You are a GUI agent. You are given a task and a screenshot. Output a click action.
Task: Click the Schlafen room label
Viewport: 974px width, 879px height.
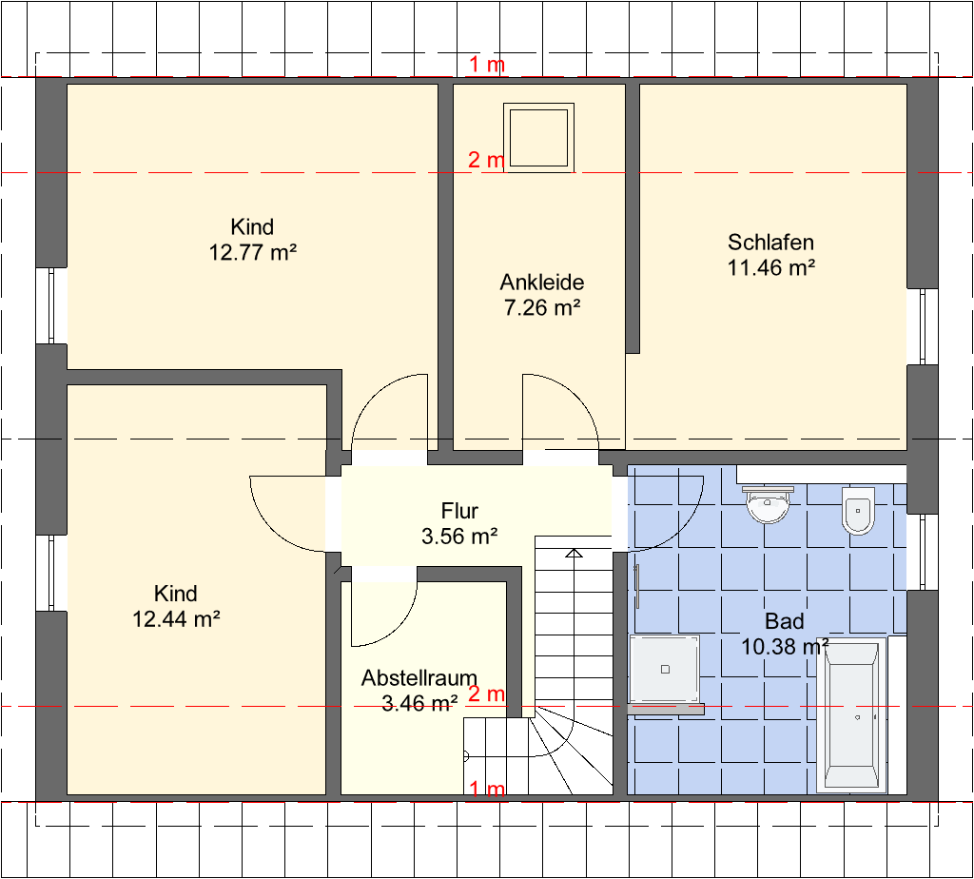tap(770, 243)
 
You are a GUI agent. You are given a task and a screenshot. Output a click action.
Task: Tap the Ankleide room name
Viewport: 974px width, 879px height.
tap(541, 282)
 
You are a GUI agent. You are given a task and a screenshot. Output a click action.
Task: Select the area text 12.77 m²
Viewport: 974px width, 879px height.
tap(252, 253)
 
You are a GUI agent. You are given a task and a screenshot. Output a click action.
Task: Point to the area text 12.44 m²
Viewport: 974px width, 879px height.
tap(176, 618)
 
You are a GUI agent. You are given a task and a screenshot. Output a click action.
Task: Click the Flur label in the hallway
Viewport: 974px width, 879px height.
tap(459, 511)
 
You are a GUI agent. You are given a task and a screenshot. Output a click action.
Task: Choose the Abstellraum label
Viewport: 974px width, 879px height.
tap(419, 677)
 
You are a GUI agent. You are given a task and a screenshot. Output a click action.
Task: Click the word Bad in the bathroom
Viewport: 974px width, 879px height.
tap(785, 621)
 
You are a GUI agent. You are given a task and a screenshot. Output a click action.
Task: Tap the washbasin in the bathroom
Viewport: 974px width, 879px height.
tap(769, 504)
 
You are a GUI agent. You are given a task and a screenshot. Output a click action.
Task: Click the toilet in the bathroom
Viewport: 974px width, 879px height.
tap(858, 511)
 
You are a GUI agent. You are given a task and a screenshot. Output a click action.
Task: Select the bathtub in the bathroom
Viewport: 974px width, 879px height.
tap(851, 714)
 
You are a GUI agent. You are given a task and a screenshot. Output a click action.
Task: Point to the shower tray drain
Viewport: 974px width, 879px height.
tap(665, 669)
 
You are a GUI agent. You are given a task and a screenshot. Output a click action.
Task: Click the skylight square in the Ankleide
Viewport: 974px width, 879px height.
tap(538, 138)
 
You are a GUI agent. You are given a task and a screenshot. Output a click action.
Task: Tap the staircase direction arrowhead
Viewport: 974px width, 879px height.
tap(575, 553)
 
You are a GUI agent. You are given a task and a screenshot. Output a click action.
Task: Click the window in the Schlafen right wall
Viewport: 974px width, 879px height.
tap(922, 326)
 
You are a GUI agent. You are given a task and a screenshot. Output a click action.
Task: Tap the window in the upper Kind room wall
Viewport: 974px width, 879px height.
tap(51, 305)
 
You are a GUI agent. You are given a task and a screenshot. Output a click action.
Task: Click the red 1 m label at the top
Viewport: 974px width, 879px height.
tap(486, 64)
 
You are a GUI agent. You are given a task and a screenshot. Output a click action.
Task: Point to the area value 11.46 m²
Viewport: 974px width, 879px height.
tap(770, 267)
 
